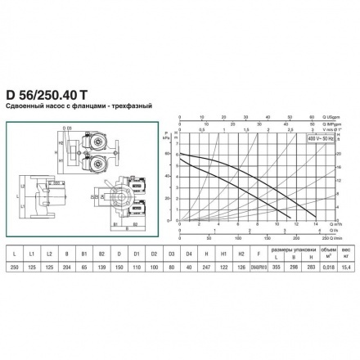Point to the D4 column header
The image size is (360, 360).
click(193, 245)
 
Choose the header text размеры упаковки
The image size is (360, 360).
click(293, 241)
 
